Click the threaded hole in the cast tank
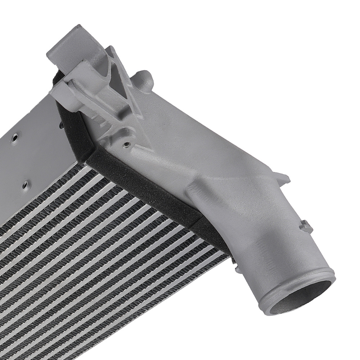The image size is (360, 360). (126, 144)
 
